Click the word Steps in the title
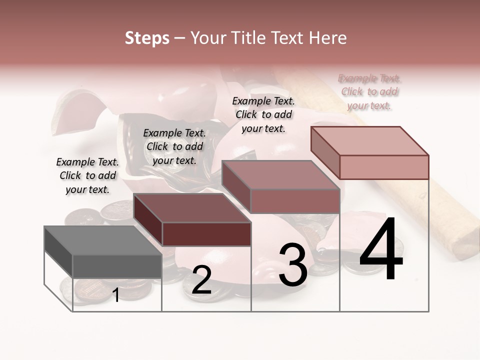coord(147,38)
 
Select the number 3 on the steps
coord(293,265)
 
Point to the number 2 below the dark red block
coord(201,280)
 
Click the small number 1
coord(116,295)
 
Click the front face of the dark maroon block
coord(206,234)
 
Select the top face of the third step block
coord(280,175)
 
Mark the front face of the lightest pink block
coord(384,167)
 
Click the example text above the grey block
coord(87,176)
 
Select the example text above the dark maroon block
coord(174,147)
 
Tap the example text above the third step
coord(263,114)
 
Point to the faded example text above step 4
coord(369,92)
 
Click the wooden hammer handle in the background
coord(450,210)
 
